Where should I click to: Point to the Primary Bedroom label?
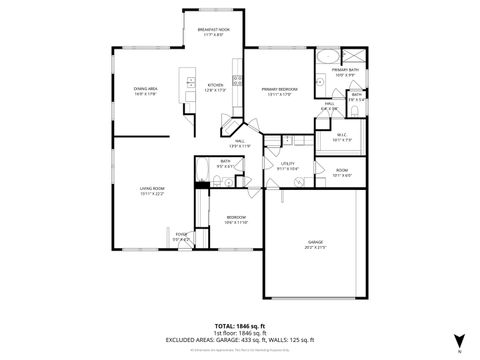(x=279, y=92)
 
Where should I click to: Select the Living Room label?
(x=152, y=190)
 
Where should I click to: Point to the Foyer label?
(x=181, y=237)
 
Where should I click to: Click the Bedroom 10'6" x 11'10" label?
(x=236, y=219)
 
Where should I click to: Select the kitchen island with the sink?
(x=186, y=84)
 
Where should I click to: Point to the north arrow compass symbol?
(x=459, y=340)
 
